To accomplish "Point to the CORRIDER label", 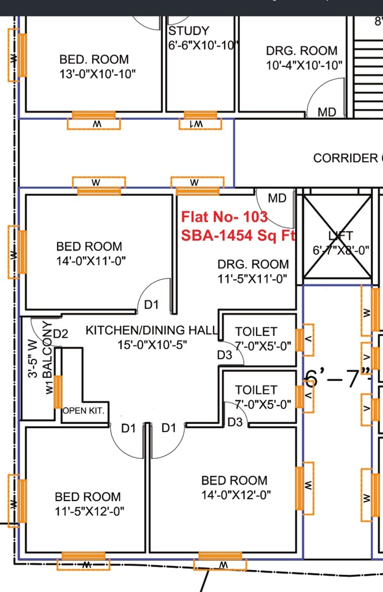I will (x=347, y=158).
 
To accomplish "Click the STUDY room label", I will (x=189, y=31).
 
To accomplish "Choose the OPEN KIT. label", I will (x=84, y=411).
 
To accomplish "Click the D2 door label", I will (x=60, y=334).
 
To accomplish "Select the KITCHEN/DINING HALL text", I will (x=151, y=331).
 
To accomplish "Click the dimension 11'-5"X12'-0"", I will (x=90, y=511).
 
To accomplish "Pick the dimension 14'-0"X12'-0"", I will (x=236, y=495).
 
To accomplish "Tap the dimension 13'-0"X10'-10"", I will (x=97, y=74).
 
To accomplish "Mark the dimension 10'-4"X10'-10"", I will (x=304, y=64).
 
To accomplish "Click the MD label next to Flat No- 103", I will (x=277, y=199).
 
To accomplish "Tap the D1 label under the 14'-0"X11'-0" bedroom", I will (x=151, y=304).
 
